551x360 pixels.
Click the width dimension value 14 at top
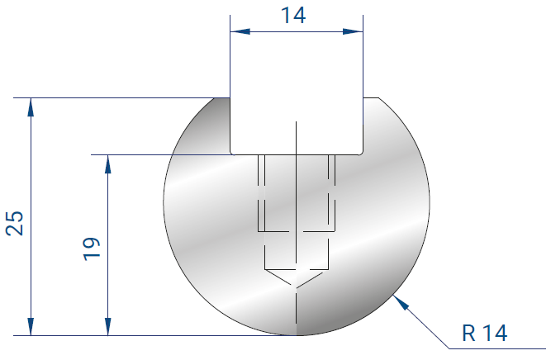[293, 16]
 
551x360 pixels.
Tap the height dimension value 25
[15, 224]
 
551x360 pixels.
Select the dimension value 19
[92, 249]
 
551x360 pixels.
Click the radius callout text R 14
[485, 333]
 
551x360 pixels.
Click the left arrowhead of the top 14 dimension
[240, 31]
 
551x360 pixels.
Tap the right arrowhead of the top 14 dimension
[354, 31]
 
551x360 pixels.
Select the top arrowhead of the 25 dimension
[31, 107]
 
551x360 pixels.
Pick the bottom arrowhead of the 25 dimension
[31, 327]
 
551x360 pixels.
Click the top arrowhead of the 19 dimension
[108, 163]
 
